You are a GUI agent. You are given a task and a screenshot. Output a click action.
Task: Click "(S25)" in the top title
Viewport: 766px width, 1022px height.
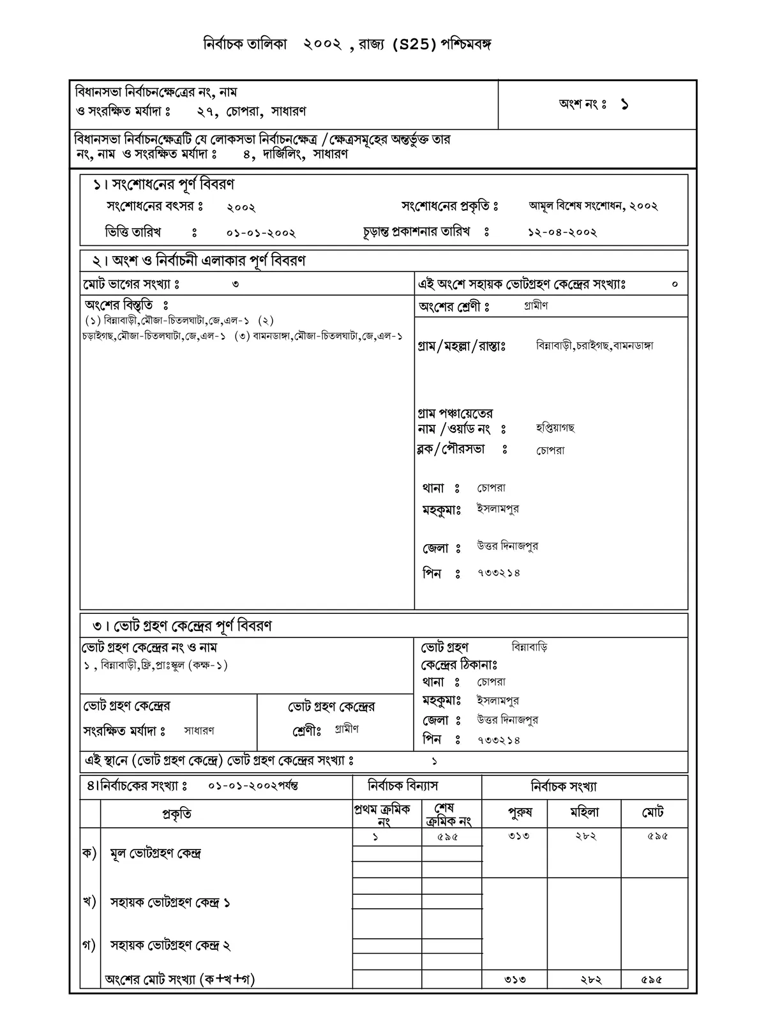pyautogui.click(x=414, y=45)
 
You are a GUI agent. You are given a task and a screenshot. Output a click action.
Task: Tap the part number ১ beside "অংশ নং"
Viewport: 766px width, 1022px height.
pyautogui.click(x=624, y=105)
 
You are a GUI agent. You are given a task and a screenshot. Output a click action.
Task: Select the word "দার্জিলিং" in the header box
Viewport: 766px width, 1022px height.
pyautogui.click(x=283, y=154)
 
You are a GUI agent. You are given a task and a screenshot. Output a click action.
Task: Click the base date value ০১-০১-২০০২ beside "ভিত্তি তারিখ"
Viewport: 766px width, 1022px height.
pyautogui.click(x=261, y=233)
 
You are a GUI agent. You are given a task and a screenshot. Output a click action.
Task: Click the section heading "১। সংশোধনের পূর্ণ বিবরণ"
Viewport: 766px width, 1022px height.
pyautogui.click(x=164, y=185)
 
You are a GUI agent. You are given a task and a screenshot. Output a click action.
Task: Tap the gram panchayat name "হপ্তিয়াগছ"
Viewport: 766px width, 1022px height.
pyautogui.click(x=555, y=428)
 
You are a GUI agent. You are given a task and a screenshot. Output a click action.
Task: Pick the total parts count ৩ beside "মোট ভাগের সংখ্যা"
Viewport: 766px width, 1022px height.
pyautogui.click(x=236, y=284)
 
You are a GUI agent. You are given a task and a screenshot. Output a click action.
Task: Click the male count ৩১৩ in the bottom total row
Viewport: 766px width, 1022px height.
pyautogui.click(x=515, y=979)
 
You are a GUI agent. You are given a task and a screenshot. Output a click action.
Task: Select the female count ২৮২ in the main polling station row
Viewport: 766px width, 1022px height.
pyautogui.click(x=585, y=836)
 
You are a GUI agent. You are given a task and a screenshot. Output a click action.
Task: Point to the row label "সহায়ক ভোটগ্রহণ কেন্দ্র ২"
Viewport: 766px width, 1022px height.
pyautogui.click(x=170, y=945)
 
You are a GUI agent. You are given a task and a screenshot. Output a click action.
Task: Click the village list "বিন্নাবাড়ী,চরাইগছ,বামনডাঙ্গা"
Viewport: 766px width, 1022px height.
pyautogui.click(x=594, y=346)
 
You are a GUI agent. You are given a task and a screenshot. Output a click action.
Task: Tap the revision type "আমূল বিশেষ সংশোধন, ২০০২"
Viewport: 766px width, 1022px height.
pyautogui.click(x=593, y=206)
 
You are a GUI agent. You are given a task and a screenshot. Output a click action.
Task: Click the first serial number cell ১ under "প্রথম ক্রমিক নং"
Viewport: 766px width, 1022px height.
pyautogui.click(x=375, y=837)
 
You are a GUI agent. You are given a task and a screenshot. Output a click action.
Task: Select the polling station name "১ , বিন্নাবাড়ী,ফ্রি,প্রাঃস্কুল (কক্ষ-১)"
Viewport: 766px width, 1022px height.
pyautogui.click(x=156, y=666)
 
